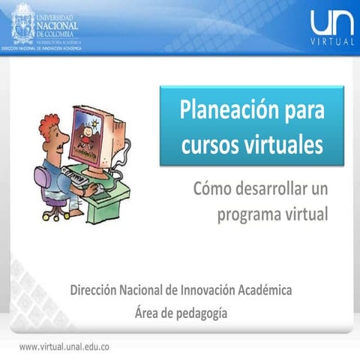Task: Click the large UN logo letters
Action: (x=331, y=22)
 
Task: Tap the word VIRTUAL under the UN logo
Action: (x=331, y=42)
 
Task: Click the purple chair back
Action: (x=40, y=180)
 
